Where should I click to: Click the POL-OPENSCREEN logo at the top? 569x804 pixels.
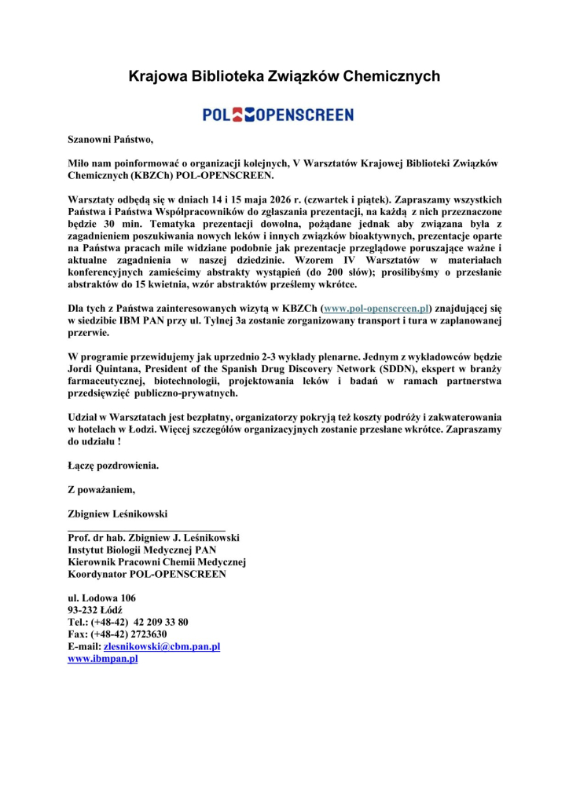tap(278, 115)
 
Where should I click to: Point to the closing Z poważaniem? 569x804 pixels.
tap(101, 490)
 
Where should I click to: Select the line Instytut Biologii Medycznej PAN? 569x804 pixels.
tap(142, 550)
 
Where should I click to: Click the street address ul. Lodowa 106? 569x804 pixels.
tap(102, 598)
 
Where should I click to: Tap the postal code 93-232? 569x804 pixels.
tap(86, 610)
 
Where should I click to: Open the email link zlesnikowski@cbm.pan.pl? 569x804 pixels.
tap(162, 646)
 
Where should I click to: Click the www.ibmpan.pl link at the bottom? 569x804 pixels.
tap(103, 659)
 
